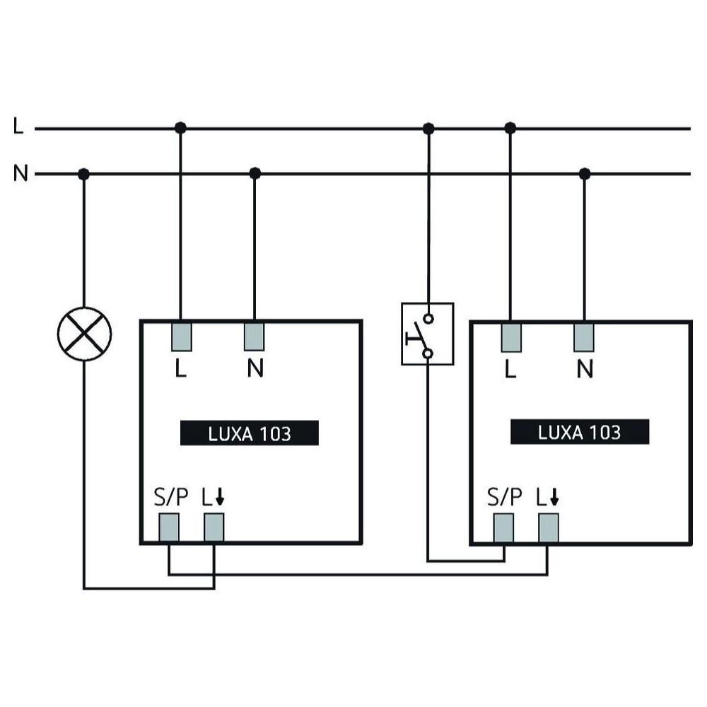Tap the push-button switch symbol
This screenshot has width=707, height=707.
pyautogui.click(x=427, y=334)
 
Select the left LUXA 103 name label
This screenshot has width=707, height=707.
pyautogui.click(x=250, y=433)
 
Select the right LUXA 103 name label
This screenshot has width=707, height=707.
pyautogui.click(x=579, y=432)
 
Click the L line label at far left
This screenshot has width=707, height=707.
pyautogui.click(x=18, y=128)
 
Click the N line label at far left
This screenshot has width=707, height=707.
pyautogui.click(x=21, y=173)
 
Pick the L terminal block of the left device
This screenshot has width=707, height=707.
pyautogui.click(x=181, y=336)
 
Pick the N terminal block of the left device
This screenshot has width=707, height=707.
pyautogui.click(x=255, y=336)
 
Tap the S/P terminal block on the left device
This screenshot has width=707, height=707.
pyautogui.click(x=168, y=527)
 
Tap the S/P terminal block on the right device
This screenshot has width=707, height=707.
pyautogui.click(x=503, y=527)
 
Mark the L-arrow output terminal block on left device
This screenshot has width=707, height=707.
pyautogui.click(x=214, y=527)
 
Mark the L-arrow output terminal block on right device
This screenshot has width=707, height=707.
pyautogui.click(x=548, y=527)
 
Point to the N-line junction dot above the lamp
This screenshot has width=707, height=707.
pyautogui.click(x=84, y=173)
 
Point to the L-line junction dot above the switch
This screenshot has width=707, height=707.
pyautogui.click(x=428, y=128)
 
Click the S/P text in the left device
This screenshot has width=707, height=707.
pyautogui.click(x=171, y=498)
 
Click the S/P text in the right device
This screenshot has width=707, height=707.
pyautogui.click(x=505, y=498)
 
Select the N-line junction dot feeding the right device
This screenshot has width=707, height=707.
pyautogui.click(x=584, y=173)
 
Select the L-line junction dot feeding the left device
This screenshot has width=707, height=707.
pyautogui.click(x=180, y=128)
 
